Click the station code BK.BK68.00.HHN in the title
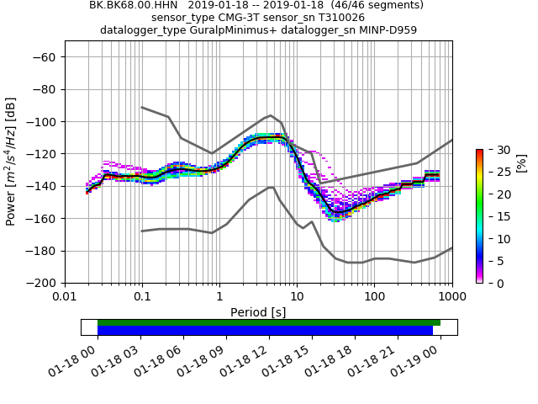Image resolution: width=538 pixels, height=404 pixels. point(130,5)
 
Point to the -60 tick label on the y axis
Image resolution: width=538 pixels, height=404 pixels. point(45,57)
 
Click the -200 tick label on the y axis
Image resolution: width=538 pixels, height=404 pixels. point(41,283)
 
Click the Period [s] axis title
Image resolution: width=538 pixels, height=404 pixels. point(258,312)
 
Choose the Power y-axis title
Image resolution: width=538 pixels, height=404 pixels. point(11,162)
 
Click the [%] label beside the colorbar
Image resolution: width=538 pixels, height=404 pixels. point(520,162)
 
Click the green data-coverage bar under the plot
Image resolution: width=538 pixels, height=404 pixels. point(269,322)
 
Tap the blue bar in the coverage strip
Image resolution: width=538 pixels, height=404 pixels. point(265,331)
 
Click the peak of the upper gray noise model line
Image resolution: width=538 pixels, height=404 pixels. point(270,115)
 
